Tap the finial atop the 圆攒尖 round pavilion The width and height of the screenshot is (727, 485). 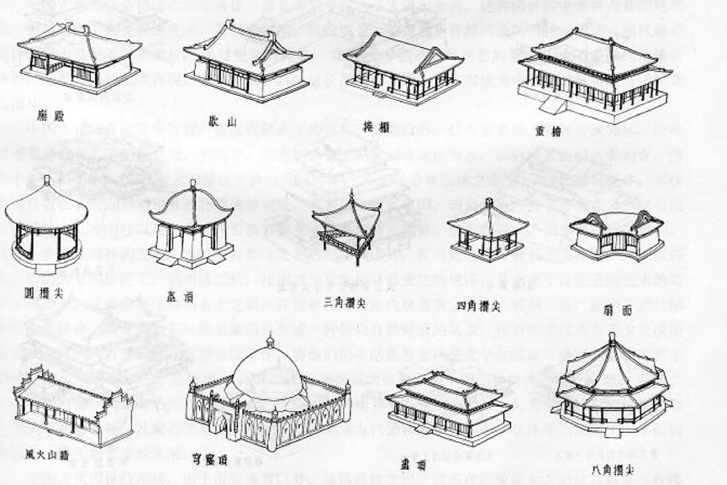[x=47, y=180]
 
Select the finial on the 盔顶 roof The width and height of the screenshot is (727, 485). [x=192, y=183]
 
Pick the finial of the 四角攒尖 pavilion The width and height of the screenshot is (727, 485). [x=489, y=202]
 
